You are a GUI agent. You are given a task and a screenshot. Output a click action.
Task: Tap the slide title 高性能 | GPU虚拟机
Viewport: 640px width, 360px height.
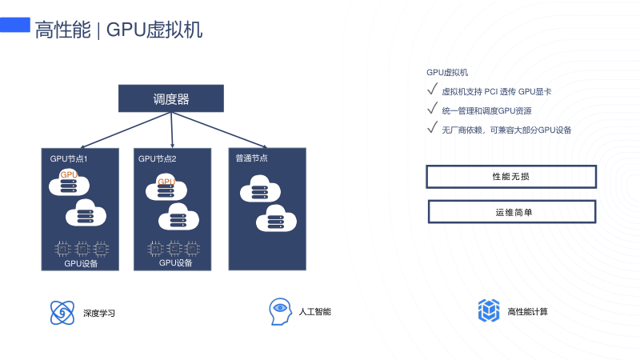tap(118, 30)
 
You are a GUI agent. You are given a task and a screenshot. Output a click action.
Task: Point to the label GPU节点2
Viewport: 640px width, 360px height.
tap(157, 158)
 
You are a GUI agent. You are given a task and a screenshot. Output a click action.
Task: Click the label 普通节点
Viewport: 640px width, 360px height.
tap(251, 158)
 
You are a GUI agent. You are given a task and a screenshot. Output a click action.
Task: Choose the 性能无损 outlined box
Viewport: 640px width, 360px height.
tap(511, 176)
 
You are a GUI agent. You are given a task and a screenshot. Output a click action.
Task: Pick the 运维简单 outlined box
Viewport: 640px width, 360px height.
tap(512, 211)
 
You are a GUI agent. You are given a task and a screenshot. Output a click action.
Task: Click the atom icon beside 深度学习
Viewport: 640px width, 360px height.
tap(62, 312)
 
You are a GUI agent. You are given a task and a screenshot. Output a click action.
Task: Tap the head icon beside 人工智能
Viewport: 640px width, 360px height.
tap(279, 311)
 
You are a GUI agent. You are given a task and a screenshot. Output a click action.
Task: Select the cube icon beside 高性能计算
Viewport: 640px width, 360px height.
tap(488, 310)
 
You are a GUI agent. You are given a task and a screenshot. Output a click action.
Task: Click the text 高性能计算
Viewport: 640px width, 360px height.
tap(527, 311)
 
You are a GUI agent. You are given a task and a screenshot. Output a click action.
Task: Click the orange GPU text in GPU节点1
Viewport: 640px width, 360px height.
tap(69, 174)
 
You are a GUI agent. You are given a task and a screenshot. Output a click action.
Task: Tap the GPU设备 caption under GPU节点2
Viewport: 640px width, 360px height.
tap(176, 262)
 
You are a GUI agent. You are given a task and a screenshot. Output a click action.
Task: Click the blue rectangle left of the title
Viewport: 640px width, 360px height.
tap(14, 26)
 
